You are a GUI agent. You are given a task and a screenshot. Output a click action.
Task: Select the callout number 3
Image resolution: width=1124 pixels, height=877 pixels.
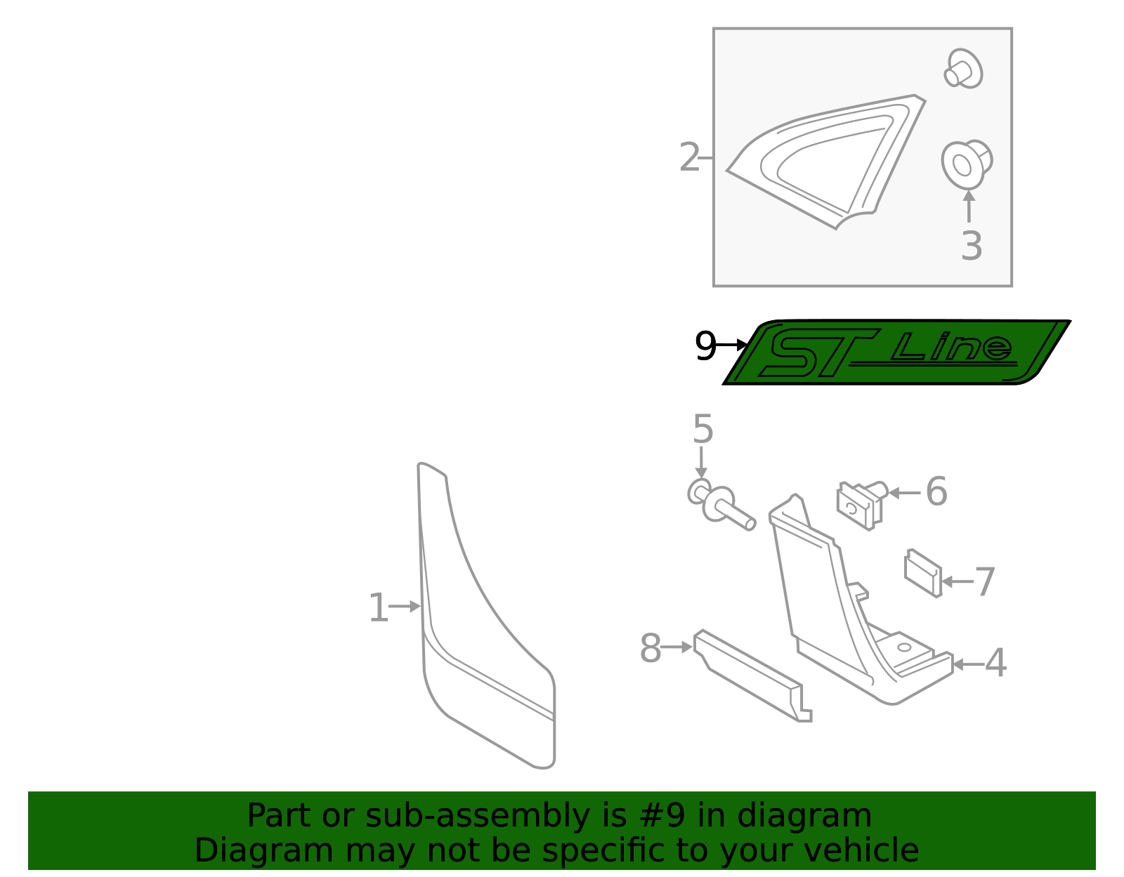point(972,246)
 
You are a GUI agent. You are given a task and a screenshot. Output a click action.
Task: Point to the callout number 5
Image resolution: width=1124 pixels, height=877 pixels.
point(702,429)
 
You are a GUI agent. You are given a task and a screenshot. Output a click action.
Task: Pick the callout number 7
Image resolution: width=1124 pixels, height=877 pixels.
point(985,582)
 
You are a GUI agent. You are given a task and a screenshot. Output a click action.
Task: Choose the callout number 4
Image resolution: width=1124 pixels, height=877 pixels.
point(995,663)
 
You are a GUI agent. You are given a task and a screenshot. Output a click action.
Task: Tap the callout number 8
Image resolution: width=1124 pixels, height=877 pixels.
point(651,648)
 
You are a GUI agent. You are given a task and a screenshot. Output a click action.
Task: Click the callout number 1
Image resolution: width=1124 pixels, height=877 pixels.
point(378,607)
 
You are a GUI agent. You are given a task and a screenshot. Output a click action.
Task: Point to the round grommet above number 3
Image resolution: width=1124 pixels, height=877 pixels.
point(965,164)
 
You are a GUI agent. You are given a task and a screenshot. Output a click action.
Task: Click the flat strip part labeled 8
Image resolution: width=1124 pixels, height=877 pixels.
point(752,675)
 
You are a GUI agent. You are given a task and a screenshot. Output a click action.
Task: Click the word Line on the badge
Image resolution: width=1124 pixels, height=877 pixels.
point(952,347)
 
